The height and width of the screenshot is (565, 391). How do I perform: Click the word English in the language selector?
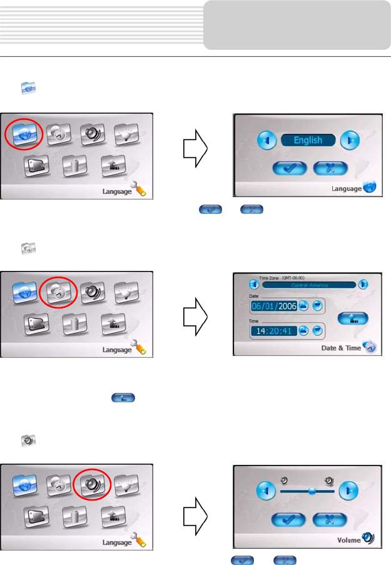(309, 140)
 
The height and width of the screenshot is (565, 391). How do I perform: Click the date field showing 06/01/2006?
(273, 306)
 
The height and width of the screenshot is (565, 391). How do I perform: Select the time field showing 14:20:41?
(273, 330)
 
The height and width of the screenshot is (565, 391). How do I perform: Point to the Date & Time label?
(340, 348)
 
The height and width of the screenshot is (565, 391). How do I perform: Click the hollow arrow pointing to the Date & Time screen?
(194, 313)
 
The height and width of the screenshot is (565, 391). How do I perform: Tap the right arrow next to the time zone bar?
(363, 285)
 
